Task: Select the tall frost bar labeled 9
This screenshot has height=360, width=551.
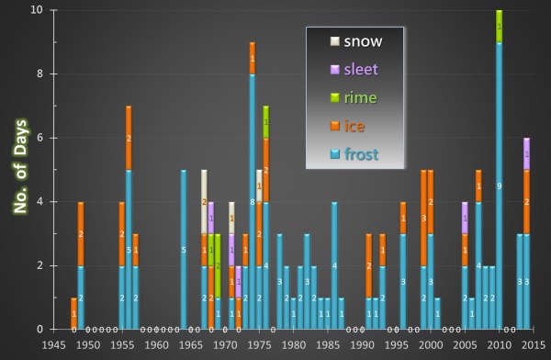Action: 499,186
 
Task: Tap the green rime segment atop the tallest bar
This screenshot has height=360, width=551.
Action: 499,27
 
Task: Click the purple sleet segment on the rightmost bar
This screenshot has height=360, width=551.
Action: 526,153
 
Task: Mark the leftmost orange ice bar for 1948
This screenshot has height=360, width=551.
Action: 73,313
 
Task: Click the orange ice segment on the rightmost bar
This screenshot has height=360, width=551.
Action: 526,201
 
